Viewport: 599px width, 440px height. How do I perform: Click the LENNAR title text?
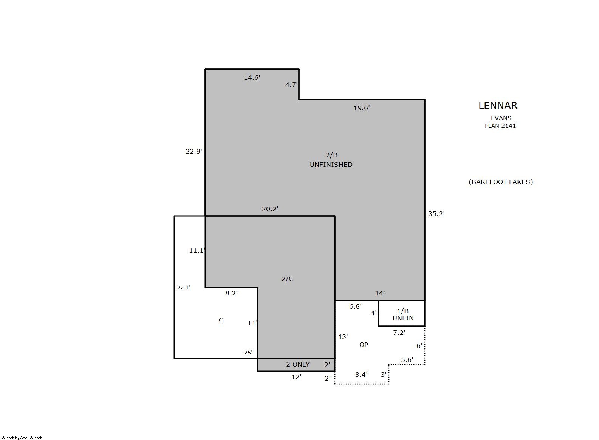click(498, 106)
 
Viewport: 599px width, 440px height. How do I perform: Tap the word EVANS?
click(501, 118)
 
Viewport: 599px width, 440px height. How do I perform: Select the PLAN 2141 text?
click(500, 126)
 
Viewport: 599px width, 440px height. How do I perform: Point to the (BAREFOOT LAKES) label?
click(501, 182)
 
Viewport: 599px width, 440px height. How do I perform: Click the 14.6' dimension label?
click(252, 78)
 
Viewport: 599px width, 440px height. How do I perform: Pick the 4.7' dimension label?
click(291, 85)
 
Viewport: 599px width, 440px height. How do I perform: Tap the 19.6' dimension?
click(362, 108)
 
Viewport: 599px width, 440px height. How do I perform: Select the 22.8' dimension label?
click(194, 151)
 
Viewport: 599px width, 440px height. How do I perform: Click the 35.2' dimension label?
click(436, 214)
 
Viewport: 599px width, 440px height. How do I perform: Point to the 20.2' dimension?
click(270, 209)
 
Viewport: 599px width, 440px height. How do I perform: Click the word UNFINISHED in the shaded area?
click(331, 165)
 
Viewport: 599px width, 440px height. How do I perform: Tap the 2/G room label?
click(288, 279)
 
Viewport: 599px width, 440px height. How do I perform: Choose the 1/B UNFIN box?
click(402, 313)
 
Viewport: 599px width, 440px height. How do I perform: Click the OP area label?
click(364, 345)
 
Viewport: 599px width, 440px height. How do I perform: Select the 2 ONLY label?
click(298, 365)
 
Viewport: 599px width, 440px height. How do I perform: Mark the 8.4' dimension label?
click(361, 375)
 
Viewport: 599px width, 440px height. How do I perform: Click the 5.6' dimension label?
click(407, 360)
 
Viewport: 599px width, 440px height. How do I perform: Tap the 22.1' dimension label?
click(184, 288)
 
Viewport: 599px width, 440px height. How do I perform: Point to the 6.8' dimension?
click(355, 307)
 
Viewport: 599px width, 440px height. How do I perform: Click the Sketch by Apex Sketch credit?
click(22, 438)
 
